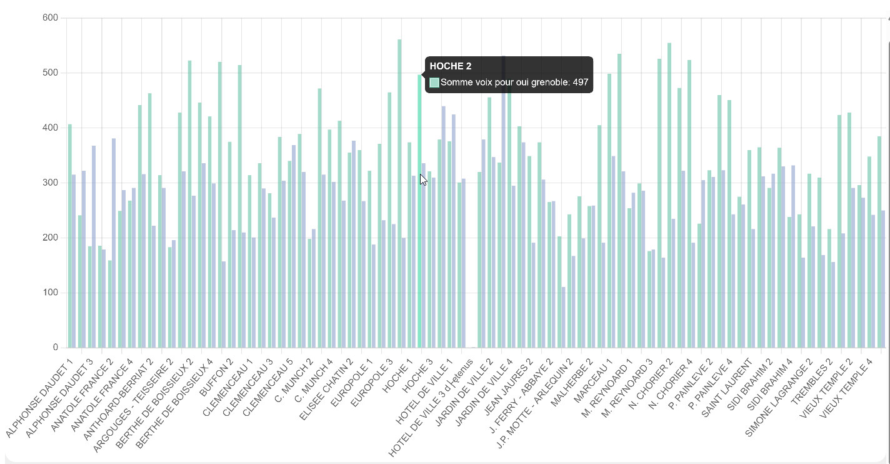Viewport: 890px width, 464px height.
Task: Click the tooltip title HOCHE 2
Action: coord(451,66)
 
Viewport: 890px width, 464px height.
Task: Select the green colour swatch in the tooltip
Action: coord(434,82)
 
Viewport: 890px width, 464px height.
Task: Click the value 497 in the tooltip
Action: coord(580,82)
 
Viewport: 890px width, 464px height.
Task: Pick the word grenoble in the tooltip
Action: coord(549,82)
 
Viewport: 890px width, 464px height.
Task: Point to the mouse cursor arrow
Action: coord(423,179)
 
